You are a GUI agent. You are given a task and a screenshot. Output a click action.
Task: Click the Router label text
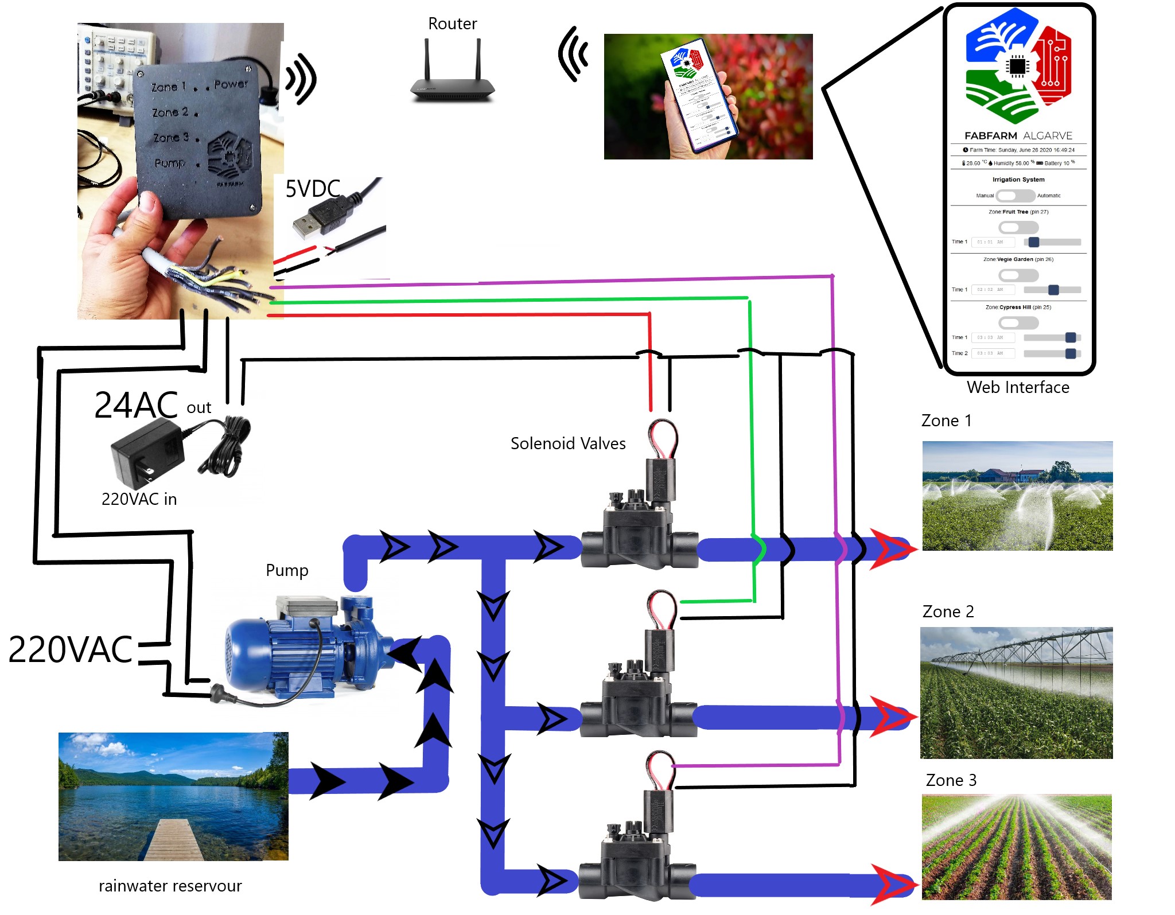point(452,24)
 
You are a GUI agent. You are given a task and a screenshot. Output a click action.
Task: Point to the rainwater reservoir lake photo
point(173,796)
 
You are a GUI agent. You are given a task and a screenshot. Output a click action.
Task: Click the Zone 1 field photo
point(1017,496)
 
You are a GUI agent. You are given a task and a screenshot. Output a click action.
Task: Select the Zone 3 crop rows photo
point(1016,847)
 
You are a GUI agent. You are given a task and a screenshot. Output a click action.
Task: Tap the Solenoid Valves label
point(567,443)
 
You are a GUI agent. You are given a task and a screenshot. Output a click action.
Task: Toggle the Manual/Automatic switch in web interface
point(1015,196)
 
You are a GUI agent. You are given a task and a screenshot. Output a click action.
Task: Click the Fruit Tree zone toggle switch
point(1018,227)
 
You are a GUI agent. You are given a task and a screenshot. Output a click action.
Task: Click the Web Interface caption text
point(1018,387)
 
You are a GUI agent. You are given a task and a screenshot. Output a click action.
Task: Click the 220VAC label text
point(70,650)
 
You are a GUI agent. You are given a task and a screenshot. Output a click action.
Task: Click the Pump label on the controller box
point(170,163)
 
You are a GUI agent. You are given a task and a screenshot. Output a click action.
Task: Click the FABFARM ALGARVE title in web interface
point(1018,136)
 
